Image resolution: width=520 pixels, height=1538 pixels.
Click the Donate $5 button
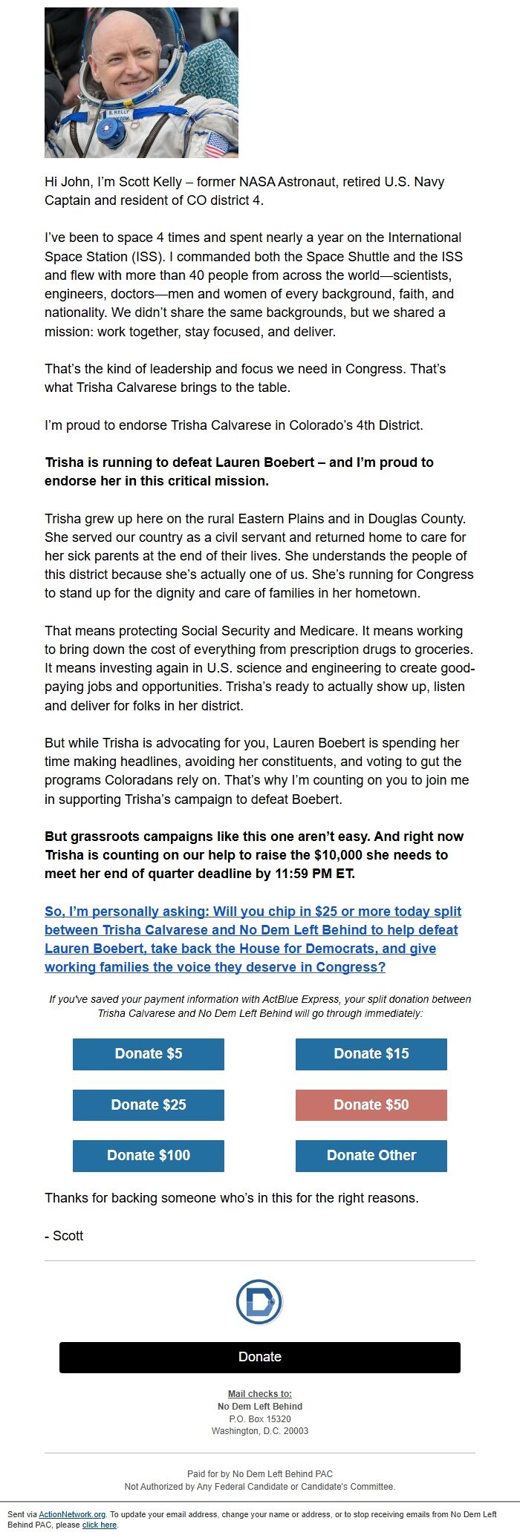coord(149,1054)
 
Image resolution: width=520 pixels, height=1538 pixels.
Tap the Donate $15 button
coord(371,1054)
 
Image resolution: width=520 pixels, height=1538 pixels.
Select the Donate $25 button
coord(149,1105)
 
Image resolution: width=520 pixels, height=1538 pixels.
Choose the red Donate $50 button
coord(371,1105)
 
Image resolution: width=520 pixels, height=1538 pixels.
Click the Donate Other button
coord(371,1156)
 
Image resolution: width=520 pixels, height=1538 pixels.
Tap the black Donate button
coord(260,1357)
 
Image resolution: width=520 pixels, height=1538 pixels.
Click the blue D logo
coord(259,1301)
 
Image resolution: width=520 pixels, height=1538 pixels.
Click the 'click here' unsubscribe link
coord(100,1525)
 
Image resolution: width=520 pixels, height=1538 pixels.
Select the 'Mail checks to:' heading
coord(260,1394)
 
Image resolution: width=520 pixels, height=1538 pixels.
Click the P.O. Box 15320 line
coord(260,1418)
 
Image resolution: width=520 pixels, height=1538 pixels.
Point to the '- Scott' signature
coord(64,1236)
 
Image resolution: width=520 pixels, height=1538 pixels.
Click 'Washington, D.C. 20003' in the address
coord(260,1431)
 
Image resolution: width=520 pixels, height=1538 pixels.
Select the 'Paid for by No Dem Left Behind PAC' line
coord(260,1474)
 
